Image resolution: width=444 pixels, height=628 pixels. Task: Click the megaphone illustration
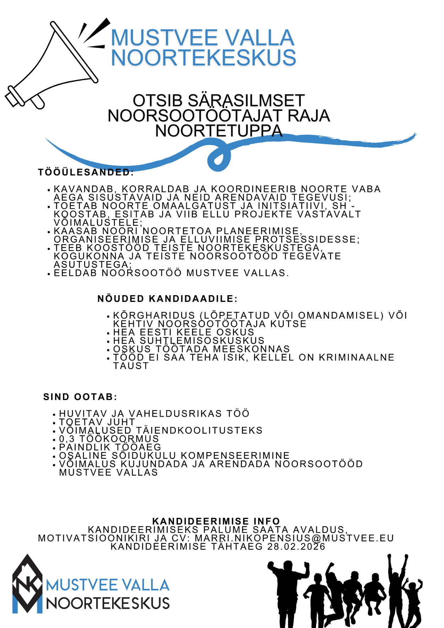pyautogui.click(x=53, y=67)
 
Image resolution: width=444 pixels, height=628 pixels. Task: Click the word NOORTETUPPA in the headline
pyautogui.click(x=219, y=131)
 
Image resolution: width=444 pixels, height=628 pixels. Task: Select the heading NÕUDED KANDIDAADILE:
pyautogui.click(x=167, y=299)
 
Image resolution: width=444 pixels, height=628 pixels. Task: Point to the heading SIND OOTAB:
pyautogui.click(x=80, y=397)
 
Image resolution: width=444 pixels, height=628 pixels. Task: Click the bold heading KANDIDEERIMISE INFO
pyautogui.click(x=216, y=521)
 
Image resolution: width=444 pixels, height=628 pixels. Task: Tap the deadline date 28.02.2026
pyautogui.click(x=296, y=547)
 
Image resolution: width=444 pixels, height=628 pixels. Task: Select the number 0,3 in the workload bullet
pyautogui.click(x=67, y=439)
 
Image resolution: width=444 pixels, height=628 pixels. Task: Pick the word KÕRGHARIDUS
pyautogui.click(x=154, y=315)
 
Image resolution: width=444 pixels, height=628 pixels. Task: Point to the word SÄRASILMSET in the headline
pyautogui.click(x=246, y=101)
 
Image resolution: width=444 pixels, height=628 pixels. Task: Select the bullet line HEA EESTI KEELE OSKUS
pyautogui.click(x=183, y=332)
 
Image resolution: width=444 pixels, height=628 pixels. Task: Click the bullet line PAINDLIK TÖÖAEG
pyautogui.click(x=110, y=447)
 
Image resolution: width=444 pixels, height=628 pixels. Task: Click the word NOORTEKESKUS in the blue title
pyautogui.click(x=204, y=58)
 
